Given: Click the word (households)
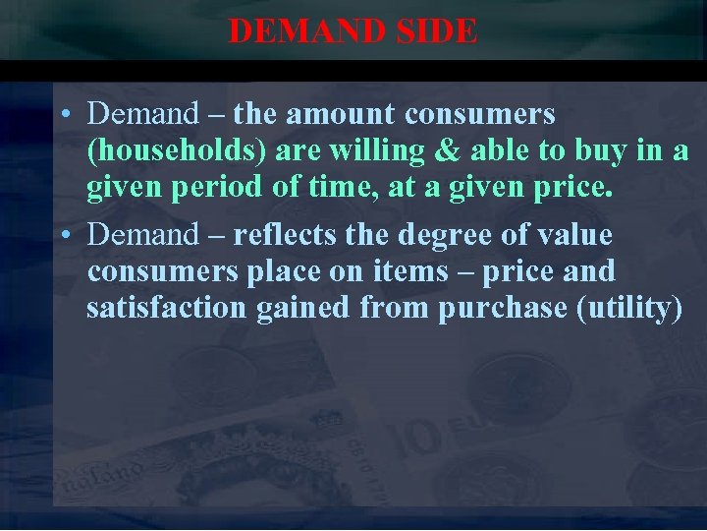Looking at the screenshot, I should point(177,151).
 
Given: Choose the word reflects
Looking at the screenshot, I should point(285,235).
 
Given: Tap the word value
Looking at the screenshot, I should point(572,235).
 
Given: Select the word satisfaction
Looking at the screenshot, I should point(167,308).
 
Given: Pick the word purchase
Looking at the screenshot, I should point(503,308).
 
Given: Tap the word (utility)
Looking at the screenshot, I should point(630,308).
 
